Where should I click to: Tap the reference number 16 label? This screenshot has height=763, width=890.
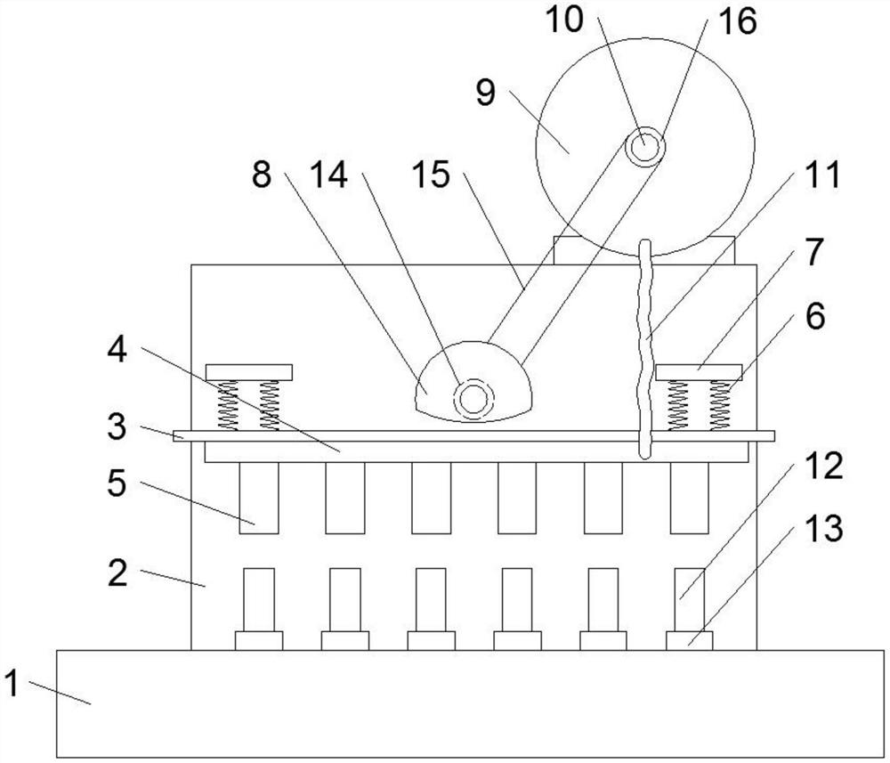coord(738,21)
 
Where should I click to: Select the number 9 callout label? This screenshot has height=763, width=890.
coord(486,92)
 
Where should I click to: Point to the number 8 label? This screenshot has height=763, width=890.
coord(262,175)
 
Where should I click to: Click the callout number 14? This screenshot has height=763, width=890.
coord(329,175)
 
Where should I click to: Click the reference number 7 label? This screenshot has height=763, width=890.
coord(814,252)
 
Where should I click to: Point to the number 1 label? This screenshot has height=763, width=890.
coord(12,683)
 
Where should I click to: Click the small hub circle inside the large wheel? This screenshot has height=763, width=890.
coord(644,147)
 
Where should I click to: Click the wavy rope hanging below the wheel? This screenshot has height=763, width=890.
coord(644,349)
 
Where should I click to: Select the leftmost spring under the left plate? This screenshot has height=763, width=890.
coord(228,405)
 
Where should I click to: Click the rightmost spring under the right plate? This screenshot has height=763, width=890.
coord(720,405)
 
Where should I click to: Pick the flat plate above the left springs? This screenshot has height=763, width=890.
coord(249,372)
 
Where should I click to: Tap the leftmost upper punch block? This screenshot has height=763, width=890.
coord(259,498)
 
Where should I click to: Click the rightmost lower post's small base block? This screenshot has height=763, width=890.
coord(689,641)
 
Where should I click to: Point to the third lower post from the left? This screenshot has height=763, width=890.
coord(431,600)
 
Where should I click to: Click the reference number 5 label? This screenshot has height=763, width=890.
coord(117,484)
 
